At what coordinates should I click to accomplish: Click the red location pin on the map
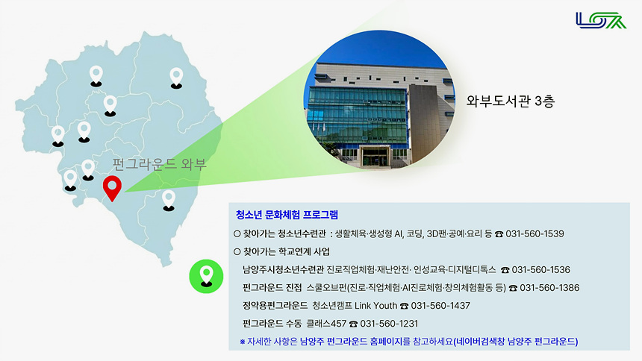click(x=112, y=186)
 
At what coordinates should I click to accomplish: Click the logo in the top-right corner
click(x=601, y=20)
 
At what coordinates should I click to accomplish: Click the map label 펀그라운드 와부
click(x=158, y=163)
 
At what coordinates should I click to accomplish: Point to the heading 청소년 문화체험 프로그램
click(x=287, y=215)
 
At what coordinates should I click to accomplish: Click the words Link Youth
click(x=376, y=306)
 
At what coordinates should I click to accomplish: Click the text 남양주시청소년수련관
click(x=283, y=269)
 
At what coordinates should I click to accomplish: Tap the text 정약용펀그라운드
click(x=275, y=306)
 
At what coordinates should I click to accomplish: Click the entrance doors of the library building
click(x=373, y=157)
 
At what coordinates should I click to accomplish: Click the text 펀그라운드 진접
click(x=272, y=287)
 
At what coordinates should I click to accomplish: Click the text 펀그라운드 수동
click(x=272, y=324)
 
